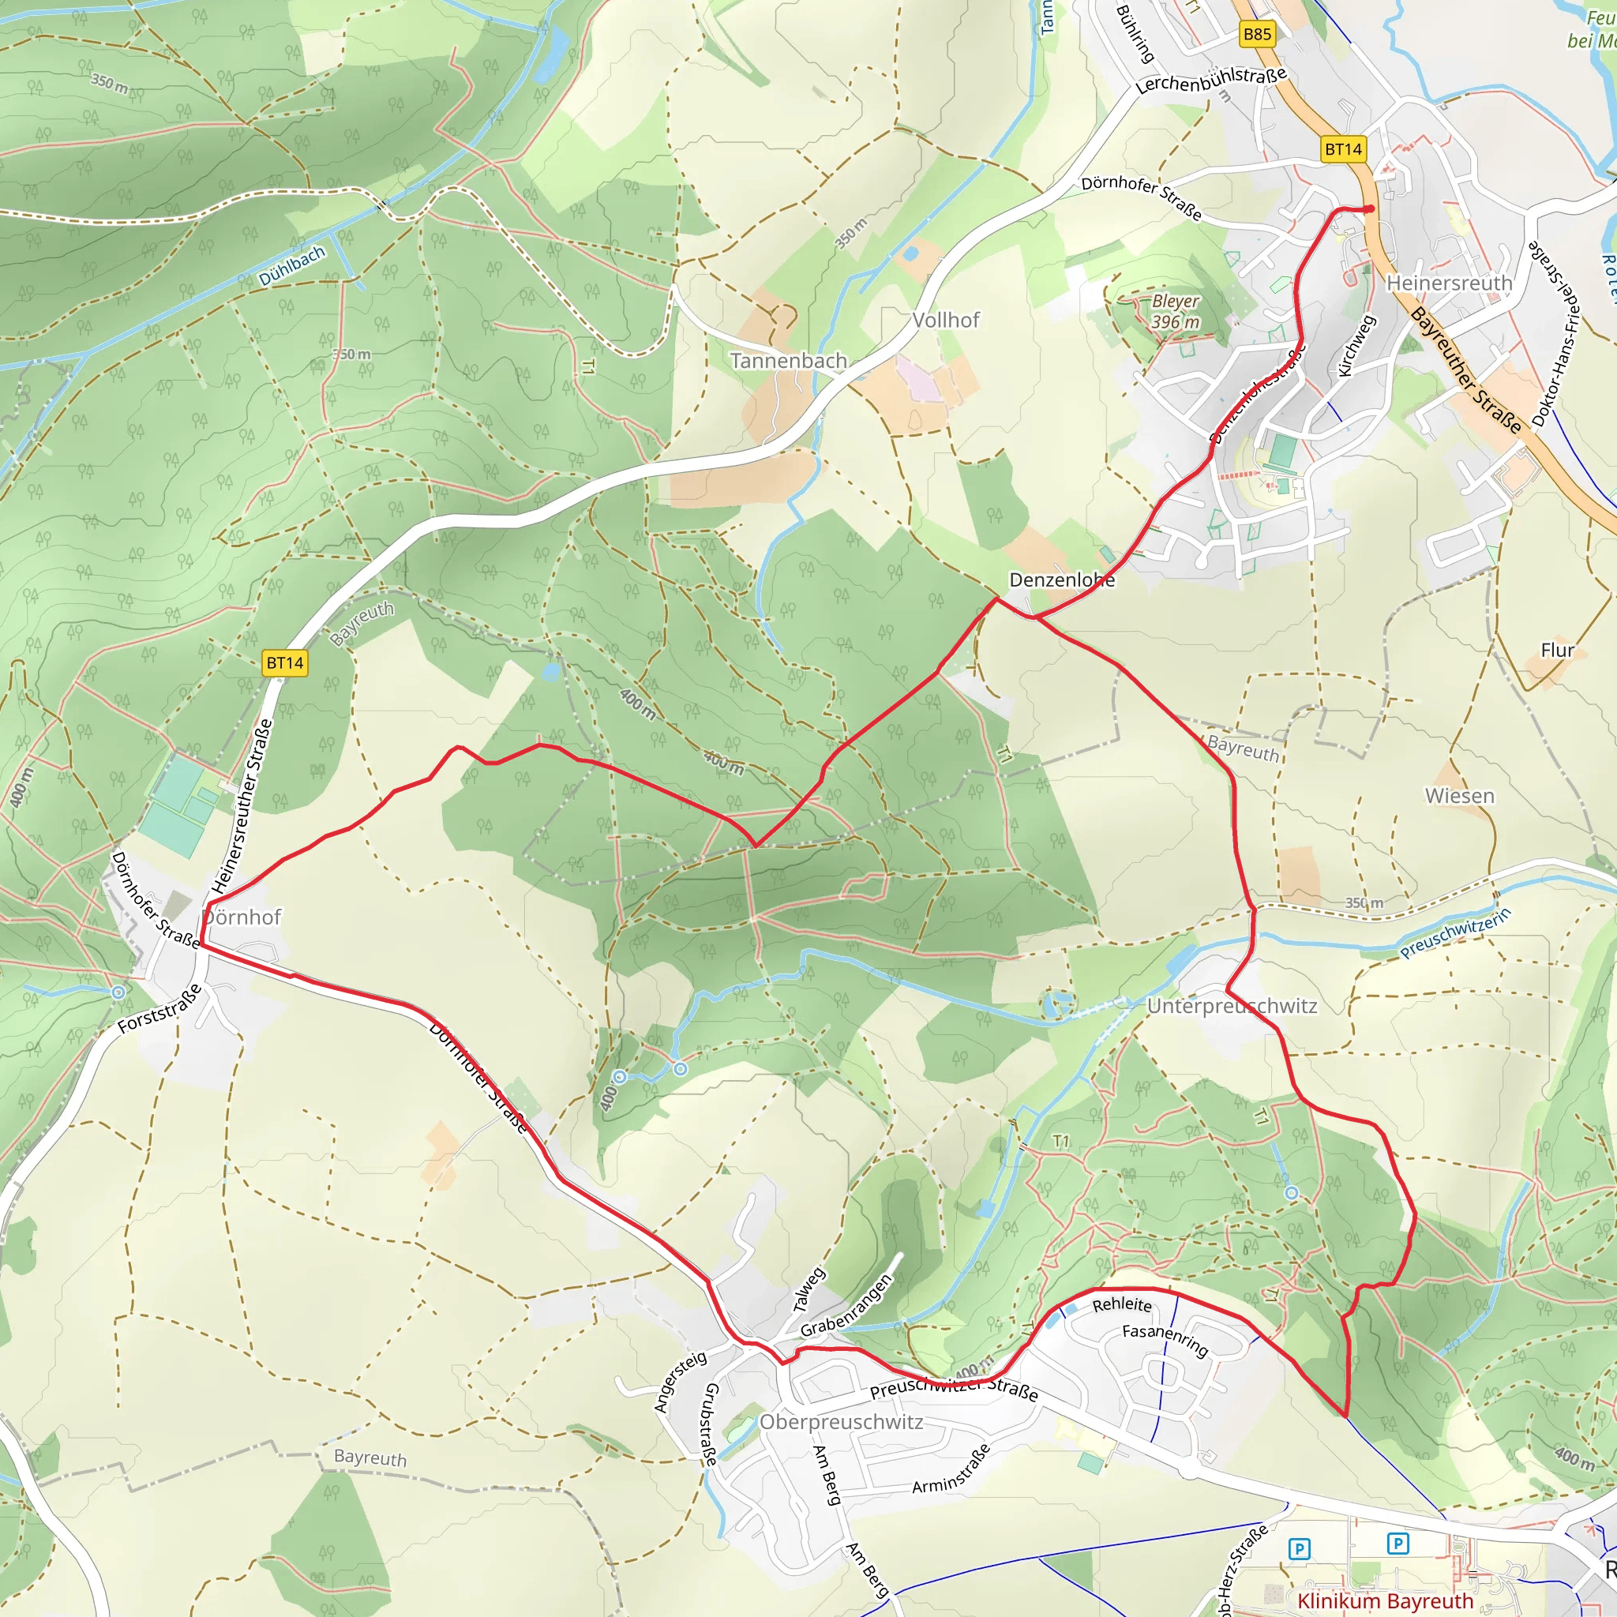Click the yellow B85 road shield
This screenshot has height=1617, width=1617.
click(x=1257, y=34)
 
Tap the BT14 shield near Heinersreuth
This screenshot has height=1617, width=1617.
click(x=1343, y=149)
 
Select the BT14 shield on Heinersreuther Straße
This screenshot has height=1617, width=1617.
click(x=284, y=663)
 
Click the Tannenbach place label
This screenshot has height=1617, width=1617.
click(x=789, y=361)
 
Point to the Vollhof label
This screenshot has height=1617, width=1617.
click(x=946, y=320)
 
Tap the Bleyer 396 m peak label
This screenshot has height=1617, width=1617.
click(x=1175, y=311)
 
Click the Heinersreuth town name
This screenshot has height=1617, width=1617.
click(x=1450, y=283)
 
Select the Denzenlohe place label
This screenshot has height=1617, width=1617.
click(x=1061, y=580)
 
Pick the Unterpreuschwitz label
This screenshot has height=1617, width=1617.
click(x=1232, y=1005)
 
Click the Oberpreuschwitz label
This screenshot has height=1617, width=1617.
click(x=841, y=1421)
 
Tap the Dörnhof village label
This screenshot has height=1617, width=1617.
click(x=242, y=917)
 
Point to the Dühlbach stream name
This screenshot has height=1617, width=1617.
click(x=291, y=266)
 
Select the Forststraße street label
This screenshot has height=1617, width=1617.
click(x=159, y=1008)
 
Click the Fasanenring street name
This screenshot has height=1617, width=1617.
click(x=1165, y=1340)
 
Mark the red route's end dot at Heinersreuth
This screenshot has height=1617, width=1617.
click(x=1369, y=208)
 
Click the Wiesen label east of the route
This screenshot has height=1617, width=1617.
click(x=1460, y=796)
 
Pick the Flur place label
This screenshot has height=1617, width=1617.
click(x=1558, y=650)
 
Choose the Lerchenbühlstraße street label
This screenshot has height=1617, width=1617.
click(x=1210, y=81)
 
